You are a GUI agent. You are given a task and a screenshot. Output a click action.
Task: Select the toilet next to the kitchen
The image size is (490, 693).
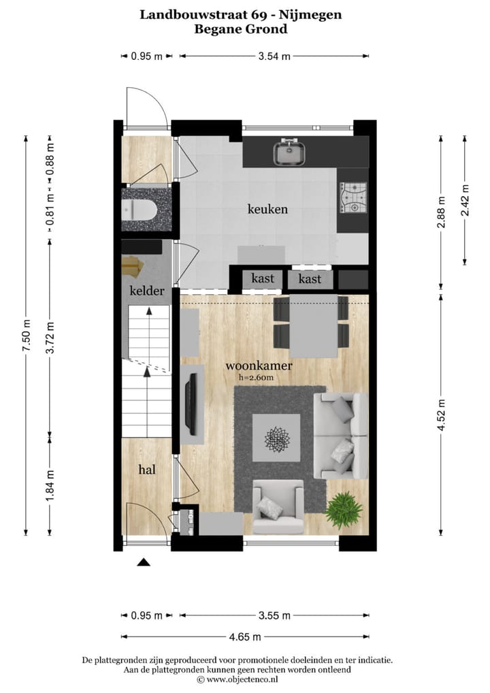click(x=139, y=209)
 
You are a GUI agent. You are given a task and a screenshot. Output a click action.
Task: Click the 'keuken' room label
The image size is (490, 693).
click(x=267, y=209)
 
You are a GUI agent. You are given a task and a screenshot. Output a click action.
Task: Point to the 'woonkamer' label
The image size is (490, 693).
click(x=259, y=366)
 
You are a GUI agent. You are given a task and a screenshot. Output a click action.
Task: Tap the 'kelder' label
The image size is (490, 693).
click(x=146, y=291)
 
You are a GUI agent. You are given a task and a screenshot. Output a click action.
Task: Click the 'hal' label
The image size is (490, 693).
click(x=146, y=469)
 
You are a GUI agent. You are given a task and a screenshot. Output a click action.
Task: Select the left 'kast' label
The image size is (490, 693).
click(x=263, y=278)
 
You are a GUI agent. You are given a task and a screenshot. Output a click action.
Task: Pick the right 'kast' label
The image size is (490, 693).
click(x=310, y=279)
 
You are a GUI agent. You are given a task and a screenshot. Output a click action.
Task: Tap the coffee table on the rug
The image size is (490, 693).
click(x=277, y=438)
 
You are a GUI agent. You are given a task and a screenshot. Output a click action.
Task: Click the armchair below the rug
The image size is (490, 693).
click(x=278, y=506)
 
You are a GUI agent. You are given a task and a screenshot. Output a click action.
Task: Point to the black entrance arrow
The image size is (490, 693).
click(x=144, y=562)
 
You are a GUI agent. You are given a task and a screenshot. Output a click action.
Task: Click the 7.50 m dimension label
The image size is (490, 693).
click(x=26, y=335)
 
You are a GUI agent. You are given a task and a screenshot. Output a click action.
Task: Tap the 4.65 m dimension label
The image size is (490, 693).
click(x=246, y=637)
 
